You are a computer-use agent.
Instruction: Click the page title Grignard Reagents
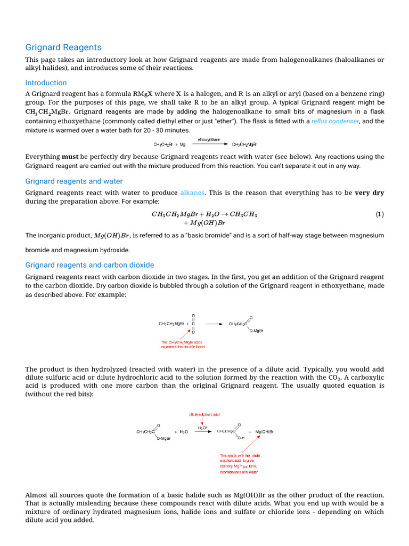click(x=63, y=47)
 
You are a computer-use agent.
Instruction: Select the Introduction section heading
click(x=46, y=83)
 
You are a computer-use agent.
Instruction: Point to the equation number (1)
click(x=379, y=214)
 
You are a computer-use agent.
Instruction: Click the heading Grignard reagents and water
click(x=74, y=181)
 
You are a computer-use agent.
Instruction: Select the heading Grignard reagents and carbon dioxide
click(x=89, y=265)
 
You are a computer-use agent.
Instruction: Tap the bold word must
click(x=70, y=157)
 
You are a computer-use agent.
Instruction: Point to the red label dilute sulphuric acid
click(x=204, y=414)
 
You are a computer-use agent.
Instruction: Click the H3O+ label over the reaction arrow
click(x=203, y=428)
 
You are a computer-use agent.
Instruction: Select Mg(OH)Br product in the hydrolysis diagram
click(x=264, y=431)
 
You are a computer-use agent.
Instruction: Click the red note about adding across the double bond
click(x=183, y=344)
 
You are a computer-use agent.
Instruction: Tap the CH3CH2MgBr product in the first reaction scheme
click(x=244, y=144)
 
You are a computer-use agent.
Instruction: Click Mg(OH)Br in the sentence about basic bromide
click(x=112, y=236)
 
